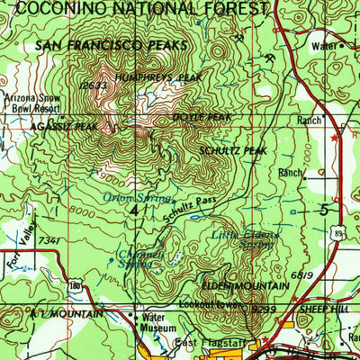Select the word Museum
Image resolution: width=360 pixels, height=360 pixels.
coord(152,329)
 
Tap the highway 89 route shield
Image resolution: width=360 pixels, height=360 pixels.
coord(336,231)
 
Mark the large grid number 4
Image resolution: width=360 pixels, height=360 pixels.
coord(135,210)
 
